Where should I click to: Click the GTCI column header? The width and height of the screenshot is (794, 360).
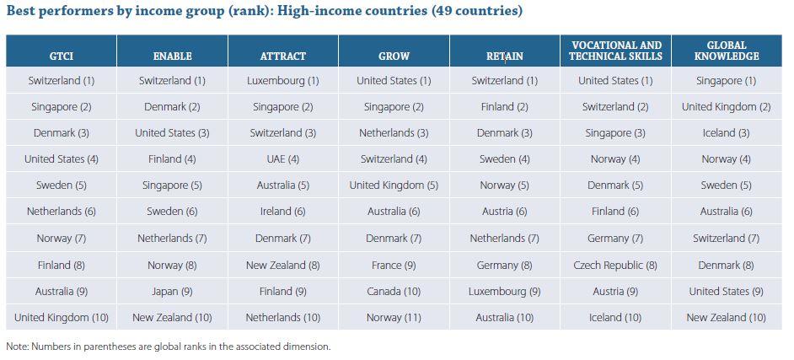tap(61, 56)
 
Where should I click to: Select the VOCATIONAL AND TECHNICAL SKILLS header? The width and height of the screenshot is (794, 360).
tap(615, 51)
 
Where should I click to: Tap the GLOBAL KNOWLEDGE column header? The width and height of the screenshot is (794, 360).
tap(727, 51)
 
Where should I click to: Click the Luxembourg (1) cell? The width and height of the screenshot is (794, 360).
tap(282, 81)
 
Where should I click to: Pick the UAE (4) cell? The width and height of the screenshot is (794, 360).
tap(282, 159)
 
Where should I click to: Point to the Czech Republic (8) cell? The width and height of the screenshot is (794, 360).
tap(615, 265)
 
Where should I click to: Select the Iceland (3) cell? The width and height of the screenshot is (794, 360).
tap(727, 133)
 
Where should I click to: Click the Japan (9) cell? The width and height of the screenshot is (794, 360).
tap(172, 292)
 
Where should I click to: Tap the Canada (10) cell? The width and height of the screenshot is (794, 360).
tap(394, 292)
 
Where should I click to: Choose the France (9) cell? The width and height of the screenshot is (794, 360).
tap(394, 265)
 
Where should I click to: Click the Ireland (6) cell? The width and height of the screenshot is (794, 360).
tap(282, 212)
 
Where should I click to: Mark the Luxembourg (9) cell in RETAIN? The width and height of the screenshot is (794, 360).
tap(504, 292)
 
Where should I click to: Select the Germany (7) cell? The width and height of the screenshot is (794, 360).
tap(615, 239)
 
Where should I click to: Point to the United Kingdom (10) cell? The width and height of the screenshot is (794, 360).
tap(61, 318)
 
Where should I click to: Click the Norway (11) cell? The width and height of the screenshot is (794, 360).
tap(394, 318)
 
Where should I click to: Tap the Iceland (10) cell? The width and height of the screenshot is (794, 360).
tap(615, 318)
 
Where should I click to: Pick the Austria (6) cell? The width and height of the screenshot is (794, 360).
tap(504, 212)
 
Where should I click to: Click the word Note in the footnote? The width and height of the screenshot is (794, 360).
tap(16, 347)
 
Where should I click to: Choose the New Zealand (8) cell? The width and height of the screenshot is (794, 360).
tap(282, 265)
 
